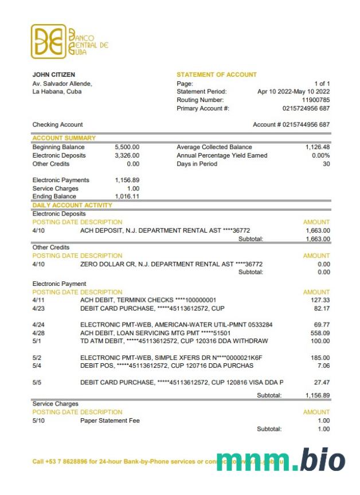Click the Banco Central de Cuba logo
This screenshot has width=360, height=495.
pyautogui.click(x=69, y=41)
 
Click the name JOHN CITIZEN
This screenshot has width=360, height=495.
pyautogui.click(x=54, y=74)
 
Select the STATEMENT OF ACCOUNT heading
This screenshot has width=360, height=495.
pyautogui.click(x=217, y=74)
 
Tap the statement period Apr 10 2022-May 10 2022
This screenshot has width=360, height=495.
pyautogui.click(x=294, y=92)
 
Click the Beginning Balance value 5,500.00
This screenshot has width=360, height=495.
pyautogui.click(x=127, y=147)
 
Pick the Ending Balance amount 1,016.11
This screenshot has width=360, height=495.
pyautogui.click(x=127, y=197)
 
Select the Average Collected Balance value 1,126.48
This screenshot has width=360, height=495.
pyautogui.click(x=318, y=147)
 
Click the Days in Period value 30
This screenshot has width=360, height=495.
pyautogui.click(x=326, y=164)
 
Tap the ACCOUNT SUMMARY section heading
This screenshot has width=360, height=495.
pyautogui.click(x=64, y=138)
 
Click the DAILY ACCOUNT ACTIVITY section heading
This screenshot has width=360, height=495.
pyautogui.click(x=72, y=205)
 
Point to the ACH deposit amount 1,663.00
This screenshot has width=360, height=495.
pyautogui.click(x=318, y=231)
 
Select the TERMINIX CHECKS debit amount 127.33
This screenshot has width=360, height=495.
pyautogui.click(x=320, y=300)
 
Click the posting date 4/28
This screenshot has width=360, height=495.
pyautogui.click(x=38, y=333)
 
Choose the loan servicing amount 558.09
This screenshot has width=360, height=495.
pyautogui.click(x=320, y=333)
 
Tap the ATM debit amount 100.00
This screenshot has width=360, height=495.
pyautogui.click(x=320, y=341)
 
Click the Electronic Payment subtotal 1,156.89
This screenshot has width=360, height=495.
pyautogui.click(x=318, y=395)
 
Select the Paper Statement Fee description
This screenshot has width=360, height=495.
pyautogui.click(x=110, y=421)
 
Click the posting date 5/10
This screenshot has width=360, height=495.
pyautogui.click(x=38, y=421)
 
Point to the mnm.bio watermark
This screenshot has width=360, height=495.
pyautogui.click(x=281, y=460)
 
